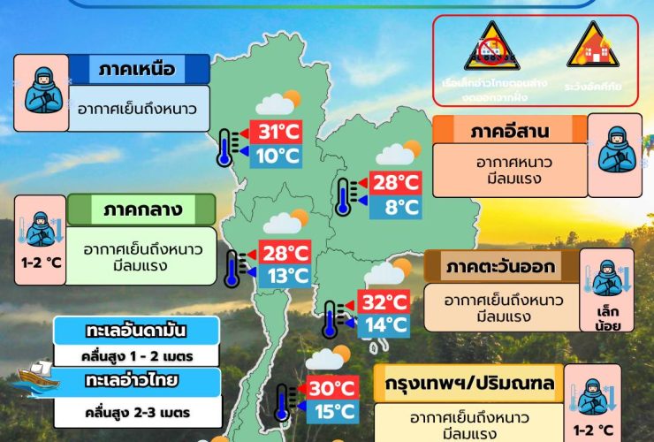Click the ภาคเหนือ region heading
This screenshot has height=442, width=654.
pyautogui.click(x=138, y=69)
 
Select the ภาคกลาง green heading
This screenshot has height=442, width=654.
pyautogui.click(x=141, y=210)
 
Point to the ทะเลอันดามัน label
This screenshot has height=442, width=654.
pyautogui.click(x=137, y=331)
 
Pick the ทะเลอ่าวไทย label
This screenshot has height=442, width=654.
pyautogui.click(x=137, y=382)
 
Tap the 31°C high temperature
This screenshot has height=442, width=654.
pyautogui.click(x=279, y=133)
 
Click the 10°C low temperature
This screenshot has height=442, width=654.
pyautogui.click(x=279, y=156)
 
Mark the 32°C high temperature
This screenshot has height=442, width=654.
pyautogui.click(x=384, y=301)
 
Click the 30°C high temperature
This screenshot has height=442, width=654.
pyautogui.click(x=331, y=387)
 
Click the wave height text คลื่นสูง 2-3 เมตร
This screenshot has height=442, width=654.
pyautogui.click(x=137, y=411)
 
